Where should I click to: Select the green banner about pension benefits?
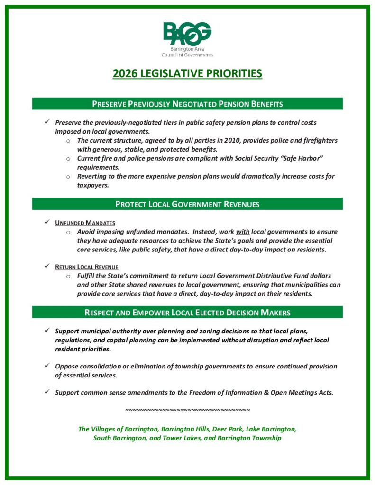point(187,104)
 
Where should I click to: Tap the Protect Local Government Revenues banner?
point(187,204)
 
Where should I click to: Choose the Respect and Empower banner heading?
point(187,312)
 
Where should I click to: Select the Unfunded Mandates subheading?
point(85,223)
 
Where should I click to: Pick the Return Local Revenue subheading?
point(86,267)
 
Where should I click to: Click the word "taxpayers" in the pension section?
point(92,185)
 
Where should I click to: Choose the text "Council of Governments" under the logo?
point(187,55)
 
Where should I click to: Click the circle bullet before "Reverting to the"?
point(68,177)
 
